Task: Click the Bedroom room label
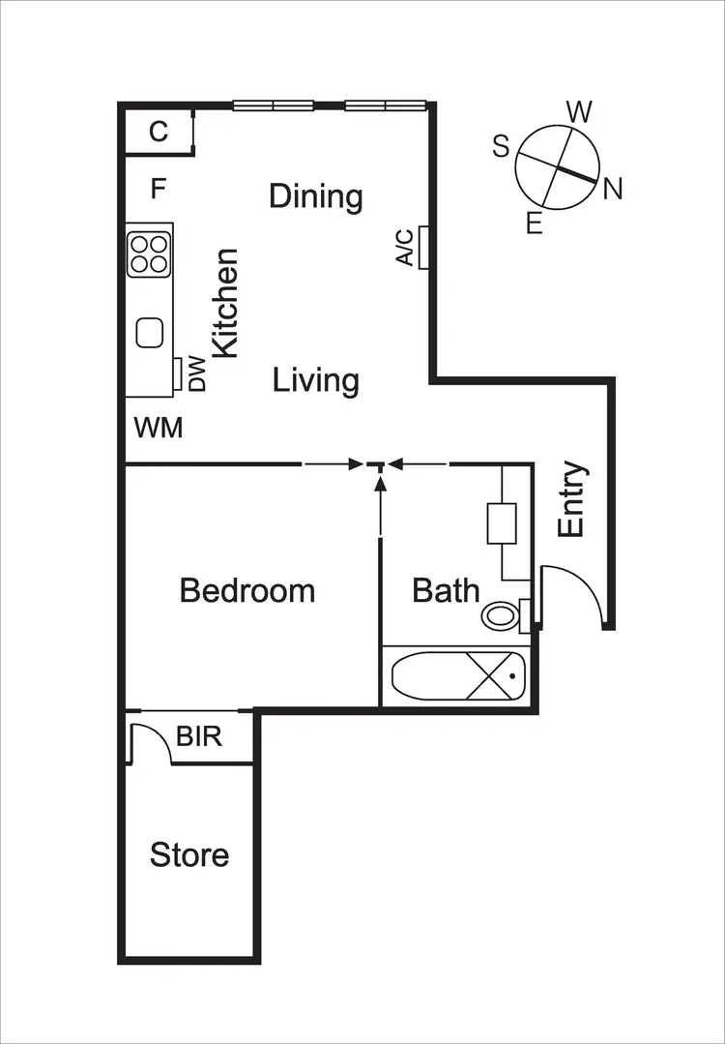pos(247,589)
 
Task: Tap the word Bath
pos(446,589)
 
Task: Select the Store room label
pos(189,854)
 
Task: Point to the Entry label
pos(572,499)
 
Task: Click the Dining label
pos(316,196)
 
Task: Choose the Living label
pos(316,380)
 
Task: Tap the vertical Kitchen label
pos(225,303)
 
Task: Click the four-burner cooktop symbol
pos(149,253)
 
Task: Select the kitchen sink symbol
pos(150,333)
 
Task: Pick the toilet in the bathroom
pos(501,614)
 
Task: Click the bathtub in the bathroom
pos(455,675)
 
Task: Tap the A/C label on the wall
pos(405,247)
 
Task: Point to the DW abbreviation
pos(197,374)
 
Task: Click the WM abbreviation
pos(159,427)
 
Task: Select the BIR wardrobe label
pos(199,736)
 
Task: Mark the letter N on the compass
pos(612,191)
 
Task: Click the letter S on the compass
pos(501,146)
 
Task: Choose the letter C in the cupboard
pos(159,132)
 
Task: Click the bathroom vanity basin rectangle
pos(501,523)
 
